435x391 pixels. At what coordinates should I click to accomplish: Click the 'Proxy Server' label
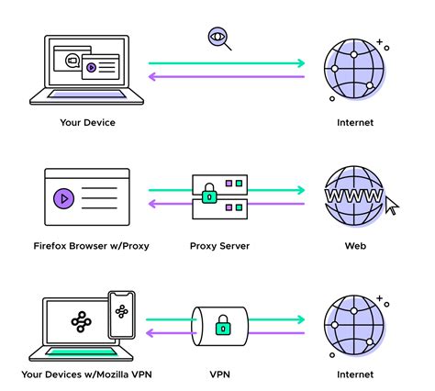(x=220, y=245)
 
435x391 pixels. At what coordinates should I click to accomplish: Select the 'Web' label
(x=354, y=245)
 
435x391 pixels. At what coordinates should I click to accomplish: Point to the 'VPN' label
(x=220, y=374)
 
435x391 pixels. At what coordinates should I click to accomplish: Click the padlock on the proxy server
(x=210, y=195)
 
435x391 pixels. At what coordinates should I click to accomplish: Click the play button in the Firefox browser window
(x=63, y=196)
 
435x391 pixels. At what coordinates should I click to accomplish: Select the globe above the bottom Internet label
(x=353, y=325)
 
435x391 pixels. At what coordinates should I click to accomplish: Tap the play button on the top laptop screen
(x=91, y=67)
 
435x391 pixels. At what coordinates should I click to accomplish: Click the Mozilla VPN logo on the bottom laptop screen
(x=79, y=323)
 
